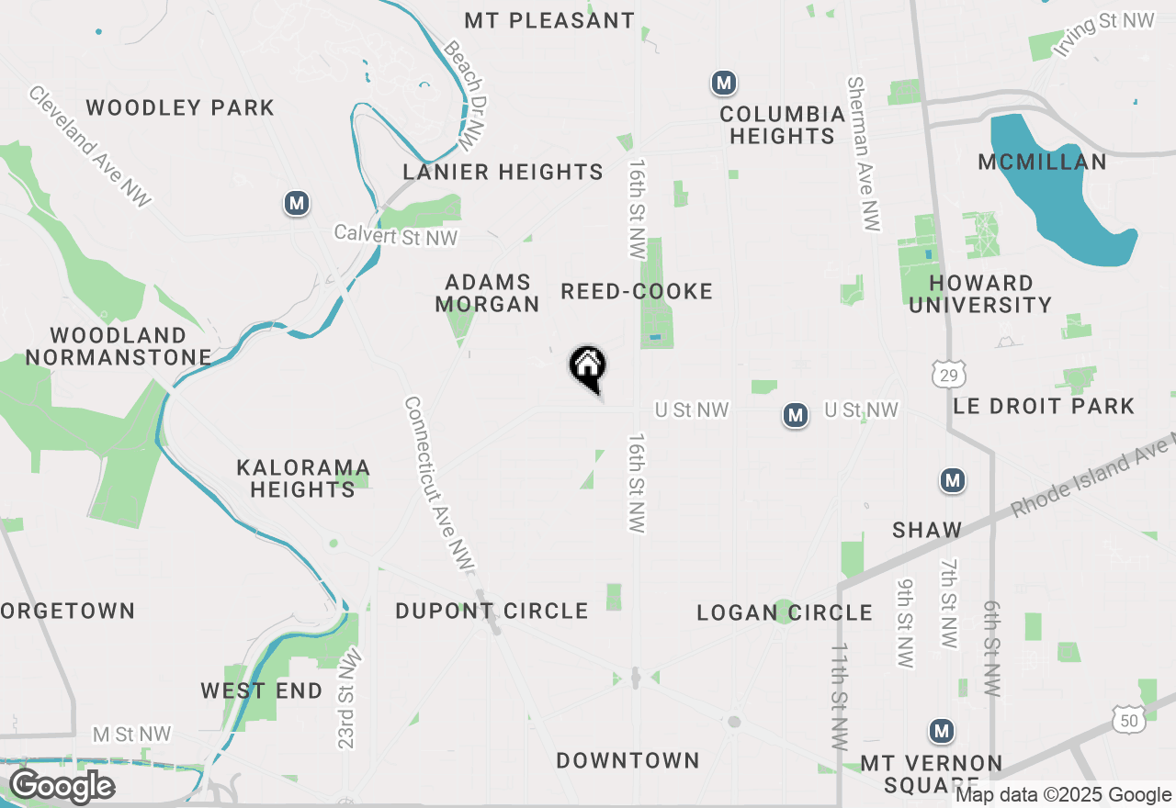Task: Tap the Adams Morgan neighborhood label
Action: point(487,293)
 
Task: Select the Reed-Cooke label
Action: point(637,292)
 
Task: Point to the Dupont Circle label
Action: point(492,611)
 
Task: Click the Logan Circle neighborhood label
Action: point(785,612)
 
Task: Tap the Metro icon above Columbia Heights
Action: point(724,84)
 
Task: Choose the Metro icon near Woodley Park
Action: point(296,203)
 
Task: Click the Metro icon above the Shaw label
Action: point(953,480)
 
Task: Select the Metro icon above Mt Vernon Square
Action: point(941,731)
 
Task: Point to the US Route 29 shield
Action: point(948,374)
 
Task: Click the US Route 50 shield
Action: point(1129,720)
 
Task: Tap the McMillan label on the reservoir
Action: point(1042,163)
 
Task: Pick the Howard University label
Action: point(980,294)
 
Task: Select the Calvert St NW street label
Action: point(395,235)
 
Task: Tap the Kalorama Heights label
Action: point(303,478)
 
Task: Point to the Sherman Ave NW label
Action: point(864,153)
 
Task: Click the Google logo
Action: point(62,786)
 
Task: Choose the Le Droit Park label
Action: point(1044,406)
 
